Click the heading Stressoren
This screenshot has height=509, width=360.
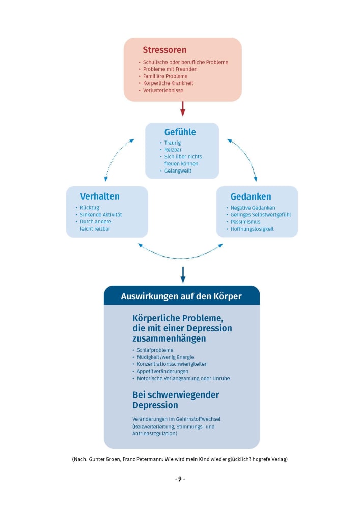(x=164, y=50)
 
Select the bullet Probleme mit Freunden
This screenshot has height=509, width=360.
(x=170, y=69)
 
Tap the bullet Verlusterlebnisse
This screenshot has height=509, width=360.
(x=163, y=91)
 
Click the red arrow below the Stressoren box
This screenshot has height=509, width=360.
(x=183, y=108)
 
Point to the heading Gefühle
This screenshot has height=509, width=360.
(x=180, y=132)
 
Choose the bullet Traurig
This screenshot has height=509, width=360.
(x=172, y=143)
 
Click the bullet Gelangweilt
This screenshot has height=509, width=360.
(x=178, y=171)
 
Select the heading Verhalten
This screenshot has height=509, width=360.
(x=100, y=196)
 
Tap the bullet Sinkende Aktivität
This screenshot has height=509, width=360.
(x=101, y=215)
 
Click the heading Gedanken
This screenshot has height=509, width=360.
(x=251, y=196)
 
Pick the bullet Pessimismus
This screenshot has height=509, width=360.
(x=245, y=222)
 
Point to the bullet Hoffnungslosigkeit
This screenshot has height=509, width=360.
(x=252, y=229)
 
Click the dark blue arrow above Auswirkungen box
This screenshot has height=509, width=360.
(x=183, y=274)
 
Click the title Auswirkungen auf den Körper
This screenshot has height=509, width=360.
(x=181, y=296)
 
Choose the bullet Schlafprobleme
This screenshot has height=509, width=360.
(x=155, y=350)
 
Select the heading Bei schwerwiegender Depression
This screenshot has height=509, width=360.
(x=176, y=400)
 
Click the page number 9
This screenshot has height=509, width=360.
(x=180, y=479)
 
